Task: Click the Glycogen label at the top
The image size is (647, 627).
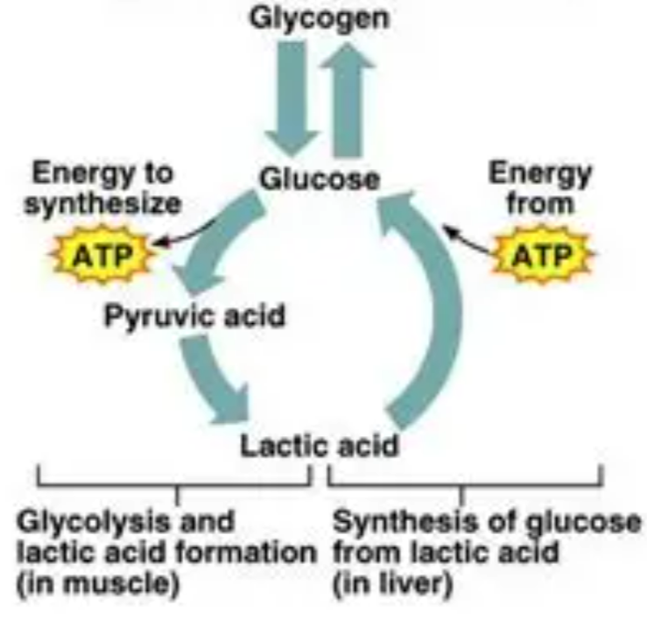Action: [x=320, y=18]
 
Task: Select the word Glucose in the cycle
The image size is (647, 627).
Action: [x=320, y=179]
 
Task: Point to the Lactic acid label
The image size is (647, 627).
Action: [x=320, y=446]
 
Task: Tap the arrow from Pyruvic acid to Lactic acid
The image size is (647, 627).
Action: [x=210, y=377]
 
